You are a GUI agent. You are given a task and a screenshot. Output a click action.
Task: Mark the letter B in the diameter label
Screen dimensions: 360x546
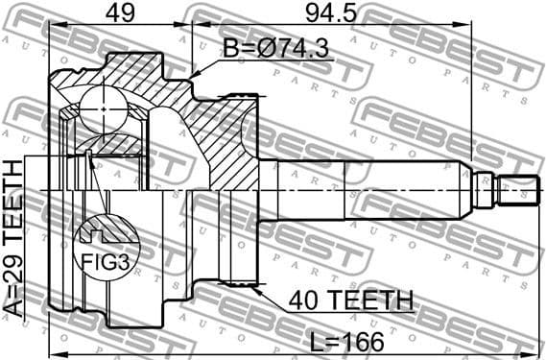click(231, 49)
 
